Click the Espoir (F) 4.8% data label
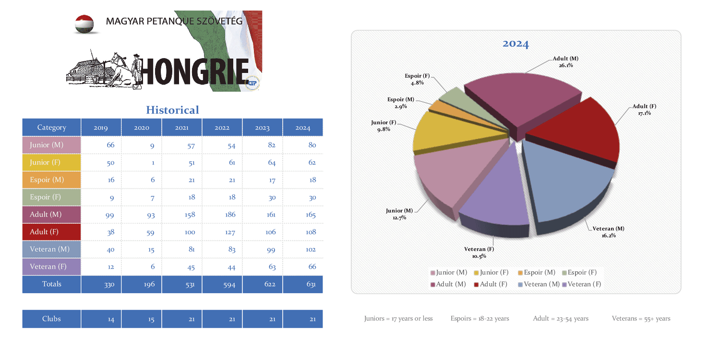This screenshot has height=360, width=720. point(417,79)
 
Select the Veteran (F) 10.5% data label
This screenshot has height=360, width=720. point(479,252)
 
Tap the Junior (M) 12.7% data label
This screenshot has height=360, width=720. point(399,214)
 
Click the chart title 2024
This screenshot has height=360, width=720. point(516,44)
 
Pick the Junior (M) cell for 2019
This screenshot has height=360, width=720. point(110,145)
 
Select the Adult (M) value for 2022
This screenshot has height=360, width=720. point(230,215)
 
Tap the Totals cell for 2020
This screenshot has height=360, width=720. point(149,284)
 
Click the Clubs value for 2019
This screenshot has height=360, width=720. point(111,319)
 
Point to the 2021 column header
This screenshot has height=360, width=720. point(181,128)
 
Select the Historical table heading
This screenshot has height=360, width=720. point(172,110)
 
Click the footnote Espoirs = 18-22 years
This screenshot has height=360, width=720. point(480,318)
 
